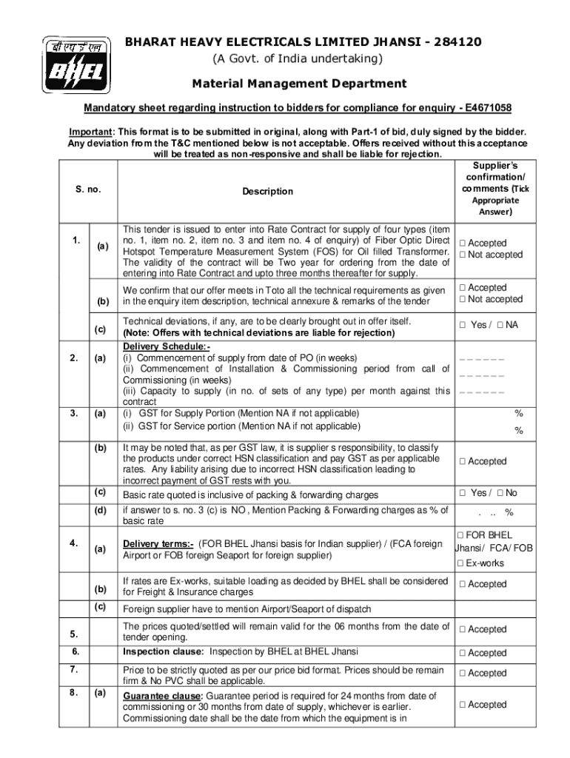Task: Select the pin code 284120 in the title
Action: click(x=456, y=42)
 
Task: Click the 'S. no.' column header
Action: click(x=88, y=190)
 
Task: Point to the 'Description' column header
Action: click(x=267, y=192)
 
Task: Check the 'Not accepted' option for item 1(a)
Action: click(x=462, y=255)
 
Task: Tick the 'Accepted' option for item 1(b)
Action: click(x=462, y=288)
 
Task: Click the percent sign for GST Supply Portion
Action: click(x=519, y=414)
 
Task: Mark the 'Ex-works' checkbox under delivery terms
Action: click(x=462, y=564)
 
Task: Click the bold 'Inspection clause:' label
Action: click(x=164, y=652)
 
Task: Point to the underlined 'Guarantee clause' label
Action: click(x=162, y=697)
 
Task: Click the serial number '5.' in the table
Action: click(x=74, y=634)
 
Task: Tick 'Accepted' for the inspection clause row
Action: click(x=462, y=654)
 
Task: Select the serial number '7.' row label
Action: click(x=74, y=669)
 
